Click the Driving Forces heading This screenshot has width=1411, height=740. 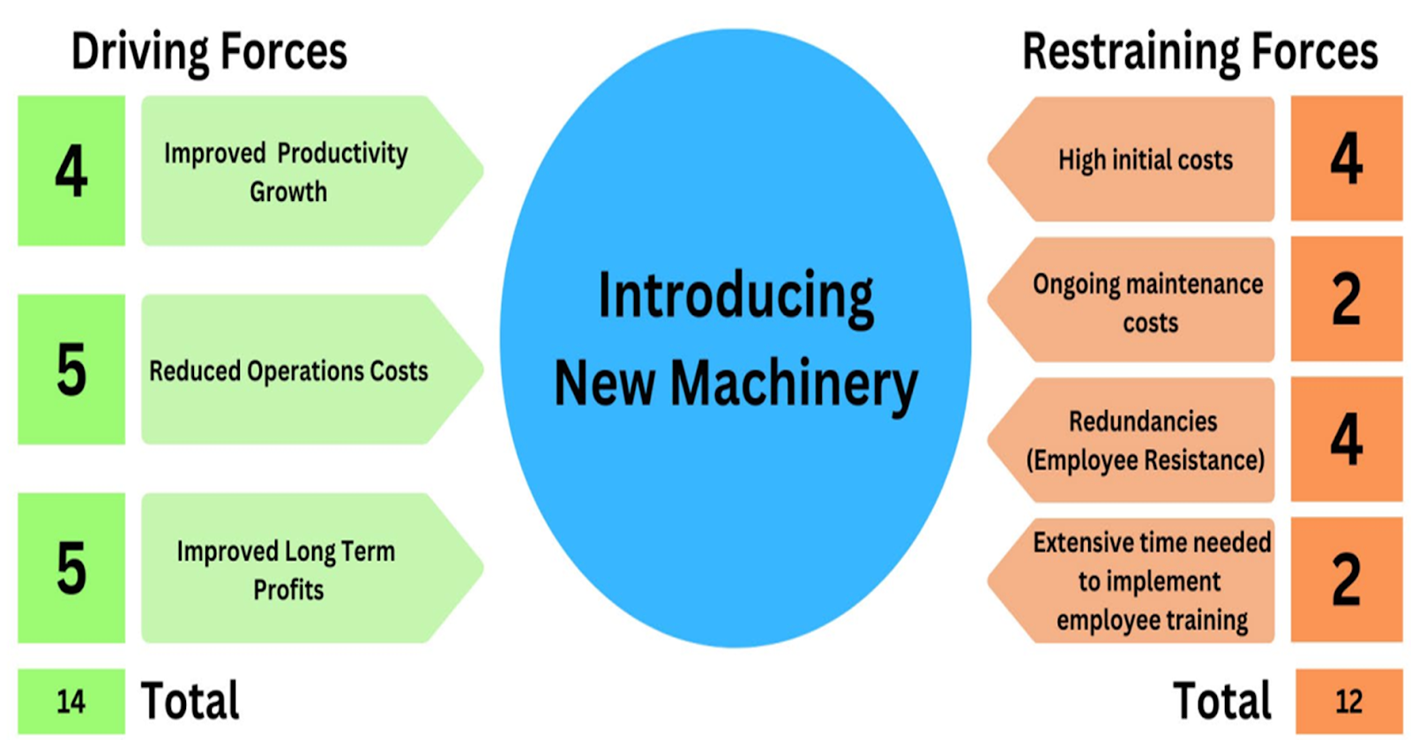click(x=209, y=51)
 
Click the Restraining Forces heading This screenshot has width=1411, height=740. click(x=1199, y=51)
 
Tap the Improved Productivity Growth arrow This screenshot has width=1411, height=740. click(x=300, y=171)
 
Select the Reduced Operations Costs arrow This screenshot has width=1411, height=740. click(x=300, y=370)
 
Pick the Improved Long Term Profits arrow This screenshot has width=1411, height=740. click(x=300, y=569)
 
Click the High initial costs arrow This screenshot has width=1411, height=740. click(x=1138, y=160)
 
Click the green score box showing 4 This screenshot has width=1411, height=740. click(x=71, y=171)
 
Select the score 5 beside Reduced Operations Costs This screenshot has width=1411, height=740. click(x=71, y=370)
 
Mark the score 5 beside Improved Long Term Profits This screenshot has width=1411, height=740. click(x=71, y=568)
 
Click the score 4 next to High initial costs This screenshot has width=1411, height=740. click(x=1346, y=159)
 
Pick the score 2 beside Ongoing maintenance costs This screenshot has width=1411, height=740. click(x=1346, y=300)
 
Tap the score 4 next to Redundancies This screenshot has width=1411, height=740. click(x=1346, y=439)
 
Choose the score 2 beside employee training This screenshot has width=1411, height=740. click(x=1346, y=579)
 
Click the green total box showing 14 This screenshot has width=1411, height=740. click(x=71, y=702)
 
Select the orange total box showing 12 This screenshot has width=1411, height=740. click(x=1348, y=702)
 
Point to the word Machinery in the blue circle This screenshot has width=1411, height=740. click(x=794, y=385)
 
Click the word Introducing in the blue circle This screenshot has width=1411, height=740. click(x=735, y=296)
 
